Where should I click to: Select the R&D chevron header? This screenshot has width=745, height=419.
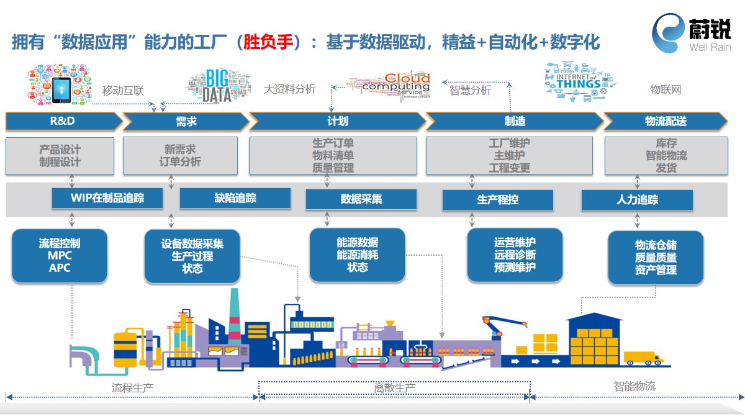tap(63, 121)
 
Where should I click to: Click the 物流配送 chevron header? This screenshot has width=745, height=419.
tap(665, 121)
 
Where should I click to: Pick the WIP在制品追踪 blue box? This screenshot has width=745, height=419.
tap(107, 199)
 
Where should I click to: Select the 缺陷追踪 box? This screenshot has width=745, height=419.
tap(235, 199)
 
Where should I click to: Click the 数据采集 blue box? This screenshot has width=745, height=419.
tap(361, 199)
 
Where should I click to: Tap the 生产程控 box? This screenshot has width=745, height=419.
tap(497, 200)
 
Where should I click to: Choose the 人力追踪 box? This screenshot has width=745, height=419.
tap(637, 200)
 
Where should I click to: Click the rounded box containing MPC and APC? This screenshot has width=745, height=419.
tap(60, 255)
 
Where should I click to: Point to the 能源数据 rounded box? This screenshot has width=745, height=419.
tap(357, 255)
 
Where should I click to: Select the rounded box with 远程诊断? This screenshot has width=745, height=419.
tap(515, 255)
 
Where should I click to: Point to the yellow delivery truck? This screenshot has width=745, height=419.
tap(643, 358)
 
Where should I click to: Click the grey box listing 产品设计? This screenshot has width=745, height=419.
tap(60, 156)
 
